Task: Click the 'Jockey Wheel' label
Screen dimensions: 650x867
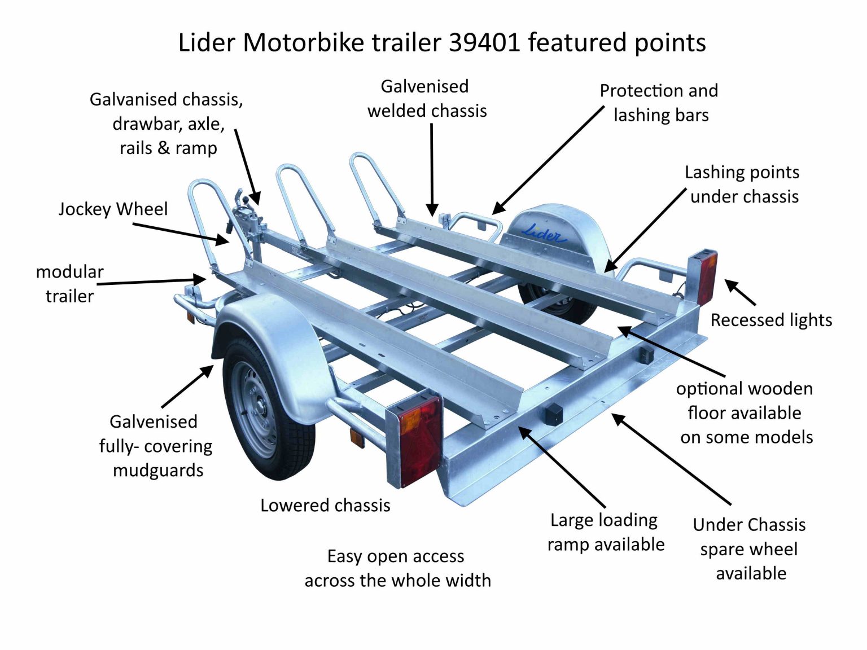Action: pos(113,209)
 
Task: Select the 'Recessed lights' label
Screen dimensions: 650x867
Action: pos(771,320)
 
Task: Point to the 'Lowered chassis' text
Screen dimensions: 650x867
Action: pos(325,505)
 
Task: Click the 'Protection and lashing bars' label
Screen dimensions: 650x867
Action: pos(659,103)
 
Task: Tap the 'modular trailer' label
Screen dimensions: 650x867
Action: pos(69,283)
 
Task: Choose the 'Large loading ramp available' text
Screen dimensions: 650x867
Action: pos(605,532)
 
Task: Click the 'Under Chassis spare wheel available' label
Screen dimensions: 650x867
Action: pos(750,549)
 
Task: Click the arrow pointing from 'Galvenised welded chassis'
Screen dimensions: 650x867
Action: pos(432,169)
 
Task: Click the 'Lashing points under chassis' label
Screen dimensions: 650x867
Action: pos(743,185)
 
